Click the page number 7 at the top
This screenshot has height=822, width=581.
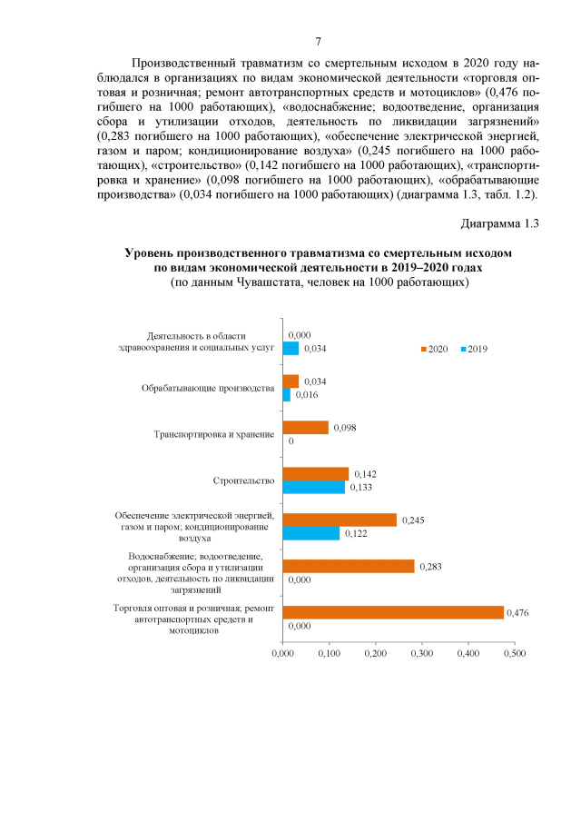(x=318, y=42)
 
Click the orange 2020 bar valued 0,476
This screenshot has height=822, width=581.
(x=393, y=612)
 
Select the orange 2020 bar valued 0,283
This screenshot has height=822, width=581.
(x=349, y=566)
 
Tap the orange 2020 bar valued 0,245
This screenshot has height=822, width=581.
(x=340, y=520)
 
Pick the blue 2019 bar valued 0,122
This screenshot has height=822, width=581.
(x=311, y=533)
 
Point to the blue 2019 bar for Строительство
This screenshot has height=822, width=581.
(x=314, y=487)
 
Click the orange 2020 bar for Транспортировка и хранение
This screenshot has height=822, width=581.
(x=305, y=427)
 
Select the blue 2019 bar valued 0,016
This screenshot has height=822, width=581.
(x=287, y=395)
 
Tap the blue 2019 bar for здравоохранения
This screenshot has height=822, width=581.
(x=290, y=348)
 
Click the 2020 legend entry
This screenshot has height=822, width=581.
(x=433, y=349)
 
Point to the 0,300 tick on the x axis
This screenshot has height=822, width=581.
(x=421, y=652)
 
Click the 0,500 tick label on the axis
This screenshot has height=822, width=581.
(x=514, y=652)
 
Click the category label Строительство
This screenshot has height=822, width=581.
(x=243, y=480)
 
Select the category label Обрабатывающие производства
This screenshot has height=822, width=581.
(x=208, y=388)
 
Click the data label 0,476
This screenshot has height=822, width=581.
(x=517, y=612)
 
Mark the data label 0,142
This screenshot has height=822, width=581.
(x=365, y=474)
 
